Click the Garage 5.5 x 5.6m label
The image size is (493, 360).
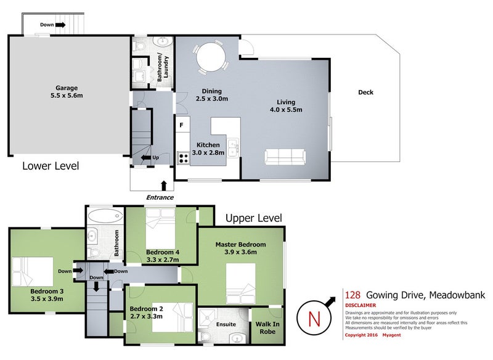[67, 92]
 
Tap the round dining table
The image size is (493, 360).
[211, 57]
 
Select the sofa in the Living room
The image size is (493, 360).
[285, 157]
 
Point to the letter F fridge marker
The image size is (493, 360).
[181, 125]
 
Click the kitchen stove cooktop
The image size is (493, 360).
[183, 158]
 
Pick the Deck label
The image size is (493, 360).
[365, 92]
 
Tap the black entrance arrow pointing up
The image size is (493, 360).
[163, 186]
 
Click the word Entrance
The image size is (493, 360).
[160, 197]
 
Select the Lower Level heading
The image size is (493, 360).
[51, 166]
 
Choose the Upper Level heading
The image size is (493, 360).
[254, 218]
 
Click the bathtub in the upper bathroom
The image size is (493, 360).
[105, 216]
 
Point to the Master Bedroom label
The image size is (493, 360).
[240, 245]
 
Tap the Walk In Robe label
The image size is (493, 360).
[267, 328]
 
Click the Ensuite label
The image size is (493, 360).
[226, 324]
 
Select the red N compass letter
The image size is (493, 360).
[314, 319]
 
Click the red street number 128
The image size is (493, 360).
[352, 295]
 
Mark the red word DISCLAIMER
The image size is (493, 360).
[361, 305]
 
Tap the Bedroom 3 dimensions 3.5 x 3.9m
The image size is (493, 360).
[47, 299]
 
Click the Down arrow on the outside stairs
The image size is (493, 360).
[60, 25]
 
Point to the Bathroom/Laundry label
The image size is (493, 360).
[163, 67]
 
